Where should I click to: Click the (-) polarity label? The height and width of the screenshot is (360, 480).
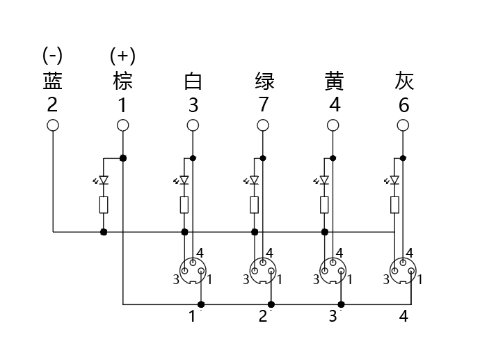[x=52, y=56]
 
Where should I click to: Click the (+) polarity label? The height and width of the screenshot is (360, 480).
[x=122, y=56]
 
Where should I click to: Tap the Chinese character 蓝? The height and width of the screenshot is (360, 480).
[x=53, y=81]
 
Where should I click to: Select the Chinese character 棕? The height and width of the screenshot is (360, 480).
[x=122, y=81]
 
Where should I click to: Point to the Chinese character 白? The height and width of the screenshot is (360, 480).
[x=193, y=81]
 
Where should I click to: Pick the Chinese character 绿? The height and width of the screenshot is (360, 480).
[x=264, y=81]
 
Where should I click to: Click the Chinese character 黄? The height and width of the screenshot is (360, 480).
[x=335, y=81]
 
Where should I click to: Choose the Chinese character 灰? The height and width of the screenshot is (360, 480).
[x=404, y=81]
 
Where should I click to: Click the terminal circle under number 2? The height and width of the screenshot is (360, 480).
[x=53, y=125]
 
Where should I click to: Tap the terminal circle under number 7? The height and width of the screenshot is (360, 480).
[x=263, y=125]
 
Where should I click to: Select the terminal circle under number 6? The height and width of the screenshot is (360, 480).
[x=403, y=125]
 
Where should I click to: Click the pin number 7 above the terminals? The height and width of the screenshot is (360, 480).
[x=264, y=104]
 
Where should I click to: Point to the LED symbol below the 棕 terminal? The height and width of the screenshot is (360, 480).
[x=102, y=180]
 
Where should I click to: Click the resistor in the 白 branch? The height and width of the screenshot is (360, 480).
[x=184, y=205]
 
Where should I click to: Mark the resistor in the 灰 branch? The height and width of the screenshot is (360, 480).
[x=394, y=205]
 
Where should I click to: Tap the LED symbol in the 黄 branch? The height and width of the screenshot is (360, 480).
[x=323, y=180]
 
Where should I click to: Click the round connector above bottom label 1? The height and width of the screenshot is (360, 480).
[x=193, y=271]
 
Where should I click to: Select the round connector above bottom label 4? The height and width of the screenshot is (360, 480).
[x=403, y=271]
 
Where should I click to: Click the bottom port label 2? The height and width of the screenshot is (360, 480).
[x=263, y=316]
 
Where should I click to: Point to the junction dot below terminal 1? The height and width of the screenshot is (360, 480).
[x=123, y=158]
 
